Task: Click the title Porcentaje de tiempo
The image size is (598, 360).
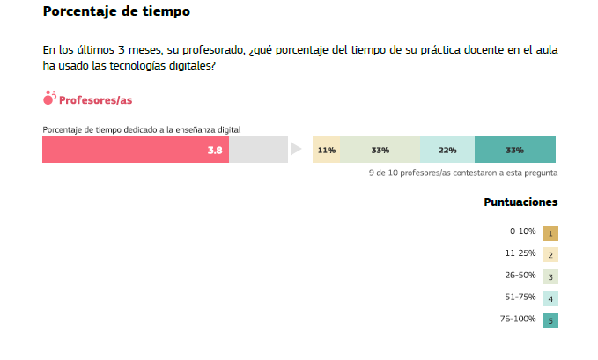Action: pos(116,12)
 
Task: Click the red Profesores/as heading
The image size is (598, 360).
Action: pos(95,100)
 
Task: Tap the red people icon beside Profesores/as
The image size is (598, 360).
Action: pos(49,99)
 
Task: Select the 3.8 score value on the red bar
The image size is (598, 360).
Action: pos(215,151)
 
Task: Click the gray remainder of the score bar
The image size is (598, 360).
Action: pos(258,151)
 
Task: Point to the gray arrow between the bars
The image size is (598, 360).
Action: pos(296,151)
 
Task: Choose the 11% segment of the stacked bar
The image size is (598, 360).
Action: pos(327,151)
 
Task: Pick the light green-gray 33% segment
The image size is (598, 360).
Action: pos(380,151)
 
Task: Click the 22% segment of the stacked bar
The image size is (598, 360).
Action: pos(447,151)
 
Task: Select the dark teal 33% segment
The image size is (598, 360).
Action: pos(515,151)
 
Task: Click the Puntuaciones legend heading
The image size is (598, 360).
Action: pos(520,202)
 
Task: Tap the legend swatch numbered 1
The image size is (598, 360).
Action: pos(550,233)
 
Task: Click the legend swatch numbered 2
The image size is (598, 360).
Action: pos(550,255)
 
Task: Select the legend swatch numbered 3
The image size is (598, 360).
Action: pos(550,276)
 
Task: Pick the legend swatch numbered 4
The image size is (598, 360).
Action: pos(550,298)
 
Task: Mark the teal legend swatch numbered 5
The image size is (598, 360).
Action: pos(550,320)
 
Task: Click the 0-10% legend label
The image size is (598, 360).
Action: pos(522,231)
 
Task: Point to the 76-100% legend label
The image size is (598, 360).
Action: pos(517,319)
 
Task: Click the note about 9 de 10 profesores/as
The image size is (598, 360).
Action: pos(462,173)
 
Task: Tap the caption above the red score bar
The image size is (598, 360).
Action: pos(142,130)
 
